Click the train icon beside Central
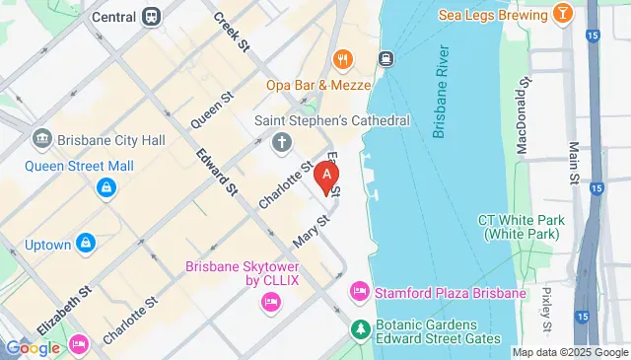click(152, 16)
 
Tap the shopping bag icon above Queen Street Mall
click(105, 186)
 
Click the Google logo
click(34, 347)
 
